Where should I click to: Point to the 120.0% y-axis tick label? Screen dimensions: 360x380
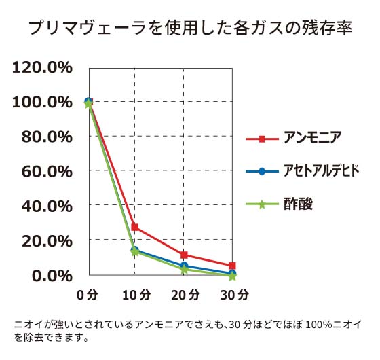[42, 67]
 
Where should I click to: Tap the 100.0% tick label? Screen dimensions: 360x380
[42, 102]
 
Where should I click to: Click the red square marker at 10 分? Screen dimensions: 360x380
[135, 227]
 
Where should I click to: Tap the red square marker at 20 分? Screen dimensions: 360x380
[184, 255]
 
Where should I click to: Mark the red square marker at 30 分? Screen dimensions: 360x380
[232, 266]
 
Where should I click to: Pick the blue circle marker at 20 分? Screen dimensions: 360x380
[184, 266]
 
